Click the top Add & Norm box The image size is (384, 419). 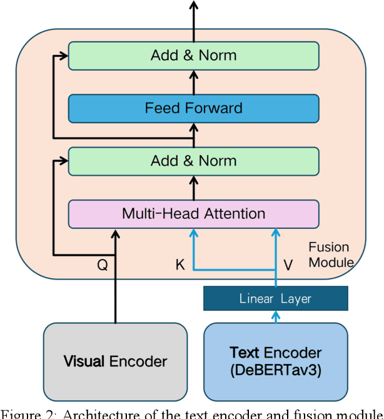pyautogui.click(x=194, y=55)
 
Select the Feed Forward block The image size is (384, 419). pyautogui.click(x=194, y=108)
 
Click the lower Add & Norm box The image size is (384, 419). pyautogui.click(x=194, y=161)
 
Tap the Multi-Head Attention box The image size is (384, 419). pyautogui.click(x=194, y=214)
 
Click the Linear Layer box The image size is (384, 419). pyautogui.click(x=275, y=298)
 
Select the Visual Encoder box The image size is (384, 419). pyautogui.click(x=115, y=361)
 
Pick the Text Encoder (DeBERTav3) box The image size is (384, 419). pyautogui.click(x=275, y=361)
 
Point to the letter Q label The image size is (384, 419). pyautogui.click(x=102, y=265)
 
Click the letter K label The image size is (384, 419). pyautogui.click(x=180, y=265)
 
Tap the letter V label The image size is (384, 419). pyautogui.click(x=288, y=265)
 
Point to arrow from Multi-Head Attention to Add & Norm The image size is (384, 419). pyautogui.click(x=194, y=188)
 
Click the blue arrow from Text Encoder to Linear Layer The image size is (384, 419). pyautogui.click(x=275, y=317)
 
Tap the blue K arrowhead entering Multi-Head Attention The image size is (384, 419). pyautogui.click(x=194, y=233)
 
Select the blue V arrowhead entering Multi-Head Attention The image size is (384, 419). pyautogui.click(x=275, y=233)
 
